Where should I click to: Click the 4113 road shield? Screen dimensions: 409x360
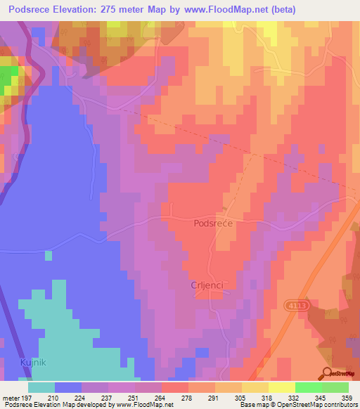pyautogui.click(x=296, y=305)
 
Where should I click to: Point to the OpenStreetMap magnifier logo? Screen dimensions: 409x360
pyautogui.click(x=327, y=374)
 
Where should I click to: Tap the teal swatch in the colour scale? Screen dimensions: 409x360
pyautogui.click(x=41, y=387)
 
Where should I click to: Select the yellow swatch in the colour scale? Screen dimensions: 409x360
pyautogui.click(x=281, y=387)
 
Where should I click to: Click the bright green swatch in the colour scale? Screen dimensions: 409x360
pyautogui.click(x=308, y=387)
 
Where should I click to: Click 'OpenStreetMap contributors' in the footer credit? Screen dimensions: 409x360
pyautogui.click(x=321, y=405)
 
